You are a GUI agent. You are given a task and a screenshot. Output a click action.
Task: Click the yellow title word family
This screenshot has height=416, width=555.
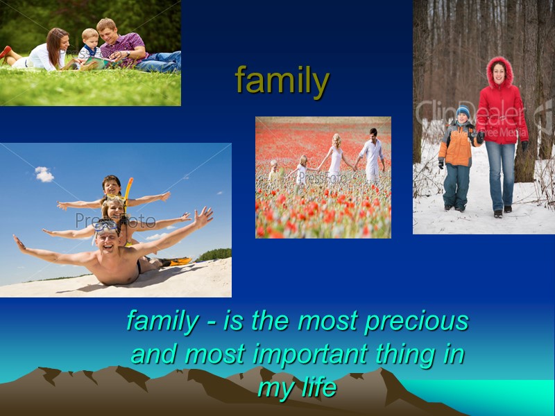(282, 81)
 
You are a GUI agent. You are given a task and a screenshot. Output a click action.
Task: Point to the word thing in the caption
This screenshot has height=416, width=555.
(404, 354)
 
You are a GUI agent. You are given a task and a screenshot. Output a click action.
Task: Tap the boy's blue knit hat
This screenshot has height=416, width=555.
(463, 112)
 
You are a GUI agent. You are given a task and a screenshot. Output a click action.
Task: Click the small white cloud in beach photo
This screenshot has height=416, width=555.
(44, 174)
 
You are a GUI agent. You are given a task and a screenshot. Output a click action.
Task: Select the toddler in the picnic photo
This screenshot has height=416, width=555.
(89, 46)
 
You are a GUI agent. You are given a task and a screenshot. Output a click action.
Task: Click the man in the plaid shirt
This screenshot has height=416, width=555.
(121, 46)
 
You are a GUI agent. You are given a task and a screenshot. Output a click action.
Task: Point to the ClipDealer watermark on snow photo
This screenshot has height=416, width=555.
(472, 114)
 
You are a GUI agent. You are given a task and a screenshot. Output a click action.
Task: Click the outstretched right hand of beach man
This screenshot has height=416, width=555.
(203, 217)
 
